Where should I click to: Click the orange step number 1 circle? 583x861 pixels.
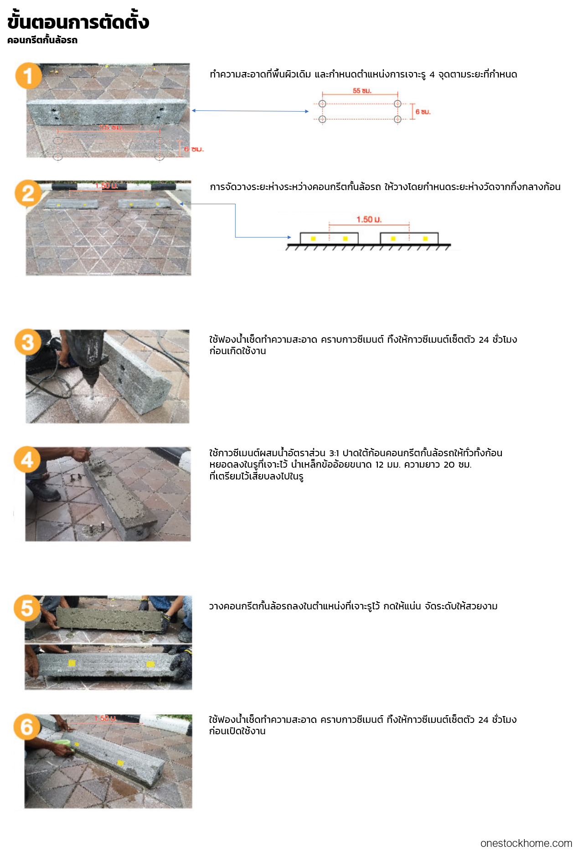(x=28, y=76)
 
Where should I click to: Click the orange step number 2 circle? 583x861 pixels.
(x=28, y=193)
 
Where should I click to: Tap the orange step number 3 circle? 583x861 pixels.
(x=28, y=342)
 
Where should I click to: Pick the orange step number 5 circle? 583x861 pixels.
(x=27, y=608)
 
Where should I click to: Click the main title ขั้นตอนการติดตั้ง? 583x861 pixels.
(x=78, y=21)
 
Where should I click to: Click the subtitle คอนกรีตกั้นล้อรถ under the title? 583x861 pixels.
(x=42, y=40)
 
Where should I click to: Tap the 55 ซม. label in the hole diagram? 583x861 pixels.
(x=362, y=91)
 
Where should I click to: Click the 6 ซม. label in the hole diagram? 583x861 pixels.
(x=423, y=112)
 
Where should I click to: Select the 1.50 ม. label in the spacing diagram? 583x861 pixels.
(x=369, y=219)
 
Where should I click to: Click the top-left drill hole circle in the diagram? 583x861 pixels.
(x=322, y=103)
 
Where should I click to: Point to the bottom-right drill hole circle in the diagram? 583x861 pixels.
(x=397, y=119)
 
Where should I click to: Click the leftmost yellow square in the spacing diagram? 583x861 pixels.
(x=313, y=238)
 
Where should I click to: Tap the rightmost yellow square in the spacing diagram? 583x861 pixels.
(x=425, y=238)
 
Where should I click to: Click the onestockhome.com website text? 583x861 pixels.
(x=526, y=843)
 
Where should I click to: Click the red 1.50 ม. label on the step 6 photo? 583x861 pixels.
(x=105, y=718)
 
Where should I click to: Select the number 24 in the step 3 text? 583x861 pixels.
(x=484, y=340)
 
